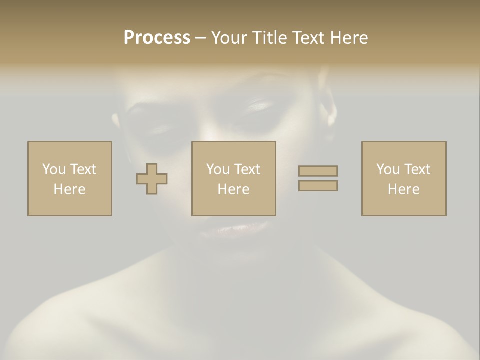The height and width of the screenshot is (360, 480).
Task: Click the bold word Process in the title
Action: click(157, 38)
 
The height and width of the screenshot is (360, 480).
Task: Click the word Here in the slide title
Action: click(349, 38)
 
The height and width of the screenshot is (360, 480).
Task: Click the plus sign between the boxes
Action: click(152, 179)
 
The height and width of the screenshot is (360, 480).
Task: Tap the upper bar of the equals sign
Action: click(318, 171)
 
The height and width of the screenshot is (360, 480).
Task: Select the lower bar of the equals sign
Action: click(318, 185)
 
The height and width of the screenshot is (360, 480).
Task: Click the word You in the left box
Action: click(53, 169)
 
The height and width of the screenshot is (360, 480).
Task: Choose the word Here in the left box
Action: click(69, 189)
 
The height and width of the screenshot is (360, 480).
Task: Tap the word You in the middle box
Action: click(218, 169)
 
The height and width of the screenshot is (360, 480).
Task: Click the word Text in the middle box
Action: click(246, 169)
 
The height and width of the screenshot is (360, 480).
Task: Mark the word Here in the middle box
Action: click(233, 189)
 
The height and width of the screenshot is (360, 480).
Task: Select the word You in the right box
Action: click(388, 169)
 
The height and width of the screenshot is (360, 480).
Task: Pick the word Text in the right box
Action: click(416, 169)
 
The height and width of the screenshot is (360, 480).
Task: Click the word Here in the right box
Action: click(403, 189)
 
